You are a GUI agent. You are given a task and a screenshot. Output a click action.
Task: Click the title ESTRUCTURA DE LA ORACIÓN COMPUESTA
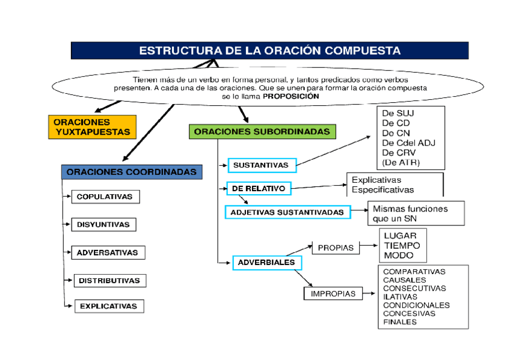pyautogui.click(x=269, y=50)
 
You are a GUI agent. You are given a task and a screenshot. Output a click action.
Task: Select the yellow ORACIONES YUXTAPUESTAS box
pyautogui.click(x=91, y=127)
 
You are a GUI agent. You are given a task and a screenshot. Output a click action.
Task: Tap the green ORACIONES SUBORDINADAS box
pyautogui.click(x=262, y=131)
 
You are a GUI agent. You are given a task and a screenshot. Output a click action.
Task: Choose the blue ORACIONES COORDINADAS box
pyautogui.click(x=131, y=172)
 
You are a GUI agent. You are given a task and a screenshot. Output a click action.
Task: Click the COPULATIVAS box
pyautogui.click(x=105, y=197)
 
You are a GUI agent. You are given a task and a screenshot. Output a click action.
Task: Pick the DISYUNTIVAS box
pyautogui.click(x=103, y=224)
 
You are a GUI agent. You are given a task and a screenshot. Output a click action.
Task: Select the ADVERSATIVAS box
pyautogui.click(x=108, y=252)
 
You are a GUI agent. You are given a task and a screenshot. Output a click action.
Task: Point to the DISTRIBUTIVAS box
pyautogui.click(x=109, y=280)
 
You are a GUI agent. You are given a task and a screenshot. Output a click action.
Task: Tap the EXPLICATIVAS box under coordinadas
pyautogui.click(x=109, y=306)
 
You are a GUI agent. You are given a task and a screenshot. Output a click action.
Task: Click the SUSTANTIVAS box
pyautogui.click(x=261, y=165)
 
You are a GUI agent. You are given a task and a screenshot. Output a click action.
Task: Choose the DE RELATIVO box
pyautogui.click(x=259, y=188)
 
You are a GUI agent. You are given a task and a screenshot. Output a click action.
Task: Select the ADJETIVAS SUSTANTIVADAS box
pyautogui.click(x=287, y=212)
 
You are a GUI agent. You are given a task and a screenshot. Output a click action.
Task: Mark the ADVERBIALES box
pyautogui.click(x=266, y=263)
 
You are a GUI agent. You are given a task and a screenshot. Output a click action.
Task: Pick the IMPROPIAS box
pyautogui.click(x=333, y=294)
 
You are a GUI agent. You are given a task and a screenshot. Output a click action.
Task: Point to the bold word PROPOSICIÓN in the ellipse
pyautogui.click(x=291, y=96)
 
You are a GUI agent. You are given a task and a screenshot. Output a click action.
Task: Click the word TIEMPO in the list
pyautogui.click(x=402, y=245)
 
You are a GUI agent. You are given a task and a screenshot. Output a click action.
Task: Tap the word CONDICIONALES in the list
pyautogui.click(x=416, y=305)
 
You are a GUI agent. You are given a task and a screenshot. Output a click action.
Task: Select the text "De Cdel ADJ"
pyautogui.click(x=408, y=142)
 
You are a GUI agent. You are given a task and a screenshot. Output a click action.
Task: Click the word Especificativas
pyautogui.click(x=382, y=189)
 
